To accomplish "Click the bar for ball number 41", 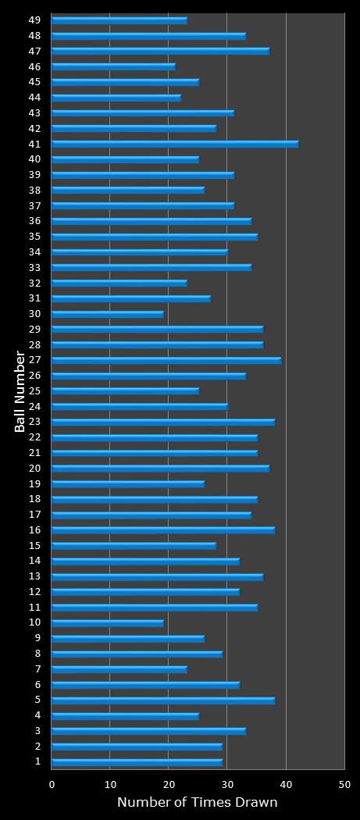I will coord(175,144).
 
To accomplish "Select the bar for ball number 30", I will coord(108,314).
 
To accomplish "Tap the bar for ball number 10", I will coord(108,623).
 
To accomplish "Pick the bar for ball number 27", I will coord(166,360).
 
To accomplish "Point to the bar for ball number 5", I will coord(163,701).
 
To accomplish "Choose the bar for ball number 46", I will coord(113,66).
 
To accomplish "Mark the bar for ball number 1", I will coord(137,762).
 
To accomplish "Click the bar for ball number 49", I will coord(119,20).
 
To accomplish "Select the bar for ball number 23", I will coord(163,422).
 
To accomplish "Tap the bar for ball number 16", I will coord(163,530).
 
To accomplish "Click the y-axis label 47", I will coord(35,51).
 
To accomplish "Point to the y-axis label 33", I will coord(35,267).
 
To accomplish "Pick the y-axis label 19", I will coord(35,483).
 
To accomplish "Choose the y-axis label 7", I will coord(37,669).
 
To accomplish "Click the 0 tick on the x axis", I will coord(52,783).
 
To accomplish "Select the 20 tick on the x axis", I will coord(169,783).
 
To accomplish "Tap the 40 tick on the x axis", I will coord(286,783).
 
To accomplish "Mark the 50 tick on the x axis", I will coord(344,783).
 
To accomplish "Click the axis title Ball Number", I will coord(20,391).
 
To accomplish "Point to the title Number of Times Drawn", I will coord(197,802).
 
